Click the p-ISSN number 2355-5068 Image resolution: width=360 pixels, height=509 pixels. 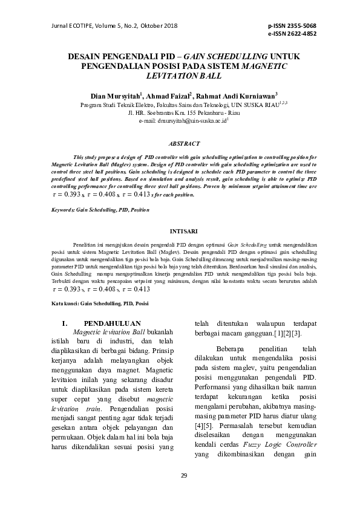click(300, 27)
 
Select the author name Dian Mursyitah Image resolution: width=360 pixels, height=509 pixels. click(114, 96)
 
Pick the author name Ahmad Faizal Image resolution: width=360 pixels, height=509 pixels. click(169, 96)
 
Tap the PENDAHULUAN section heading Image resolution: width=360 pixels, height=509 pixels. click(112, 323)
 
